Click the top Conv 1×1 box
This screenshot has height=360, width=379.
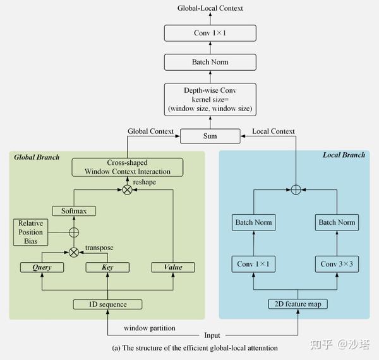pos(210,33)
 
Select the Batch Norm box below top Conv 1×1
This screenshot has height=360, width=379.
pos(210,62)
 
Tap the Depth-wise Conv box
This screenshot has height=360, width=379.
pos(210,100)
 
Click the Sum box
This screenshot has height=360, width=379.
pos(210,136)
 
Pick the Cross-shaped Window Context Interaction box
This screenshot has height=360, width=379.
pos(128,167)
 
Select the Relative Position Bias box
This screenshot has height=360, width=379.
pos(30,232)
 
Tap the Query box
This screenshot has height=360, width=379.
pos(43,267)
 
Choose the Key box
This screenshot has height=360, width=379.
pos(107,267)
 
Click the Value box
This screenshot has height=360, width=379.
pos(172,267)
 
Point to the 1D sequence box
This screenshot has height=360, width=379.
pos(107,304)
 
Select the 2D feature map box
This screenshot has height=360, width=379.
pos(297,304)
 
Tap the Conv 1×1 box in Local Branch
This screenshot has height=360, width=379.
pos(254,264)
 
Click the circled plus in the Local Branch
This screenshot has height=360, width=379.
pos(296,189)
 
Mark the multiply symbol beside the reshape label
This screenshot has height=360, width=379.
pos(127,189)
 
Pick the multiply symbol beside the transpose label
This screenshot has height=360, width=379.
pos(74,252)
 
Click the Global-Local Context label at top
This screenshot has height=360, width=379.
pos(210,8)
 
